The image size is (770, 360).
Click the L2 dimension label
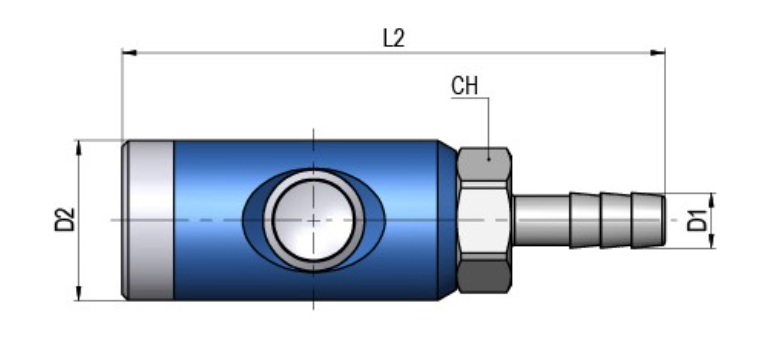point(394,38)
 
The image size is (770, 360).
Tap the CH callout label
point(465,85)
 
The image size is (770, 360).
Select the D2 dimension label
point(65,220)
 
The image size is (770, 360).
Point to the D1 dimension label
point(697,220)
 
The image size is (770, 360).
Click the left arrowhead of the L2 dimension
point(129,53)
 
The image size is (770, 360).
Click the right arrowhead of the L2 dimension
point(658,53)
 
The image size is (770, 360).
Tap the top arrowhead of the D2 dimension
point(79,147)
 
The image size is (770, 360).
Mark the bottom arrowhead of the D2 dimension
point(79,293)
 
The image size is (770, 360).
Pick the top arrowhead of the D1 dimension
point(712,200)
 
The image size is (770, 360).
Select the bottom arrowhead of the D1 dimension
point(712,241)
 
